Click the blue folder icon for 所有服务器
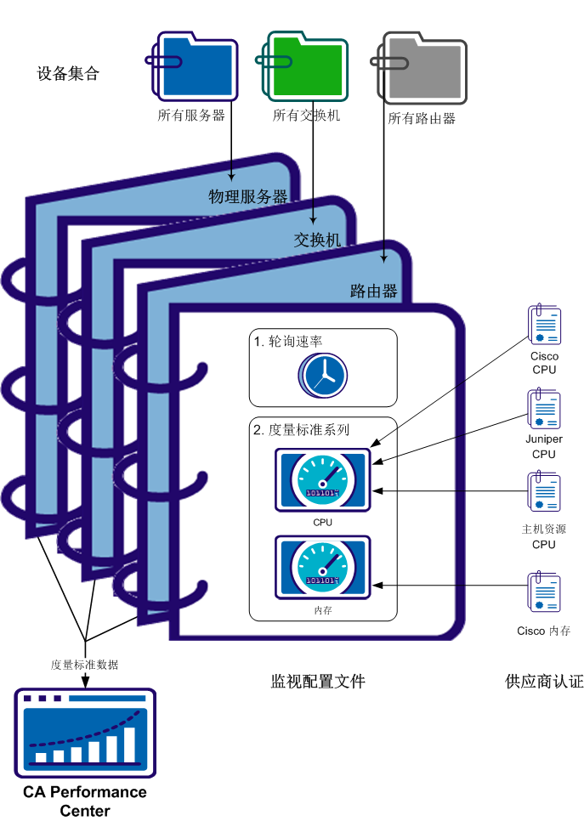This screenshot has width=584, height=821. tap(194, 65)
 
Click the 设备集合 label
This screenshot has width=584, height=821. tap(69, 74)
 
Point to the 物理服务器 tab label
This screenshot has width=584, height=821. tap(248, 197)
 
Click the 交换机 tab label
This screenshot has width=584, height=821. tap(317, 241)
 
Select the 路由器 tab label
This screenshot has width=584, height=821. tap(374, 292)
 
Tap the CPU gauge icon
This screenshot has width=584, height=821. tap(323, 480)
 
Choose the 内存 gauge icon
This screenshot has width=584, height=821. tap(323, 566)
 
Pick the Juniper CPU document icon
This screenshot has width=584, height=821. tap(544, 409)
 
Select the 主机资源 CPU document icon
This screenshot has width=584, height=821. tap(544, 491)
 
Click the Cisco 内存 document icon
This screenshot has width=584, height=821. tap(544, 592)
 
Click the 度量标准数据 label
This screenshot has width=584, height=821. tap(85, 665)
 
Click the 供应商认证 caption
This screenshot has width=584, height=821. tap(544, 682)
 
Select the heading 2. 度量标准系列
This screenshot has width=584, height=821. tap(302, 430)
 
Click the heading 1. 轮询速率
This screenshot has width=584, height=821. tap(288, 342)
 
